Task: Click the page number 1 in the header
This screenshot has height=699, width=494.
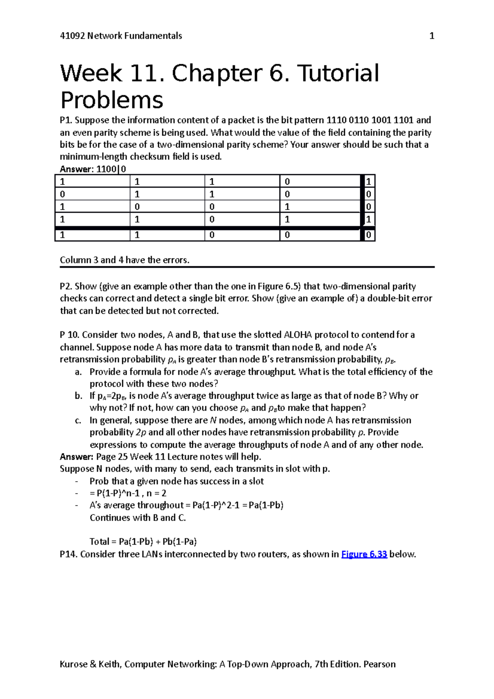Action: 431,36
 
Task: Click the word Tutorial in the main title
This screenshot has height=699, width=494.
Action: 338,73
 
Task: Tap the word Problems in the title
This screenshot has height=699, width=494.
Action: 112,100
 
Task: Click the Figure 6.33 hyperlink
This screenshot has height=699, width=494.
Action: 364,554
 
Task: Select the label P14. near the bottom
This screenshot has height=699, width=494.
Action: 68,554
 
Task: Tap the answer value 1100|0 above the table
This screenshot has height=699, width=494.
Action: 111,169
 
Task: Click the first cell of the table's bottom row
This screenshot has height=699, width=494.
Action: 92,235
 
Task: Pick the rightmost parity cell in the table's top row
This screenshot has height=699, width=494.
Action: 368,182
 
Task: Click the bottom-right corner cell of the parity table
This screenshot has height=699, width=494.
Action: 368,235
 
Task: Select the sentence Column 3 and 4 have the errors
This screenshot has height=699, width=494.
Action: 124,260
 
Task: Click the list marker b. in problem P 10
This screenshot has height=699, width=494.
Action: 79,396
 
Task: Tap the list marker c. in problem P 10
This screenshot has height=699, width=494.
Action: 78,420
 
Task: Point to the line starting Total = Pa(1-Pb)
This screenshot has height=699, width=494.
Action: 143,542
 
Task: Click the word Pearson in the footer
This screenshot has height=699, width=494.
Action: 379,664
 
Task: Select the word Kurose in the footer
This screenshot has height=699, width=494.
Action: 73,664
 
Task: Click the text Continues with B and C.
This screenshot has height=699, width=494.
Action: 137,518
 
